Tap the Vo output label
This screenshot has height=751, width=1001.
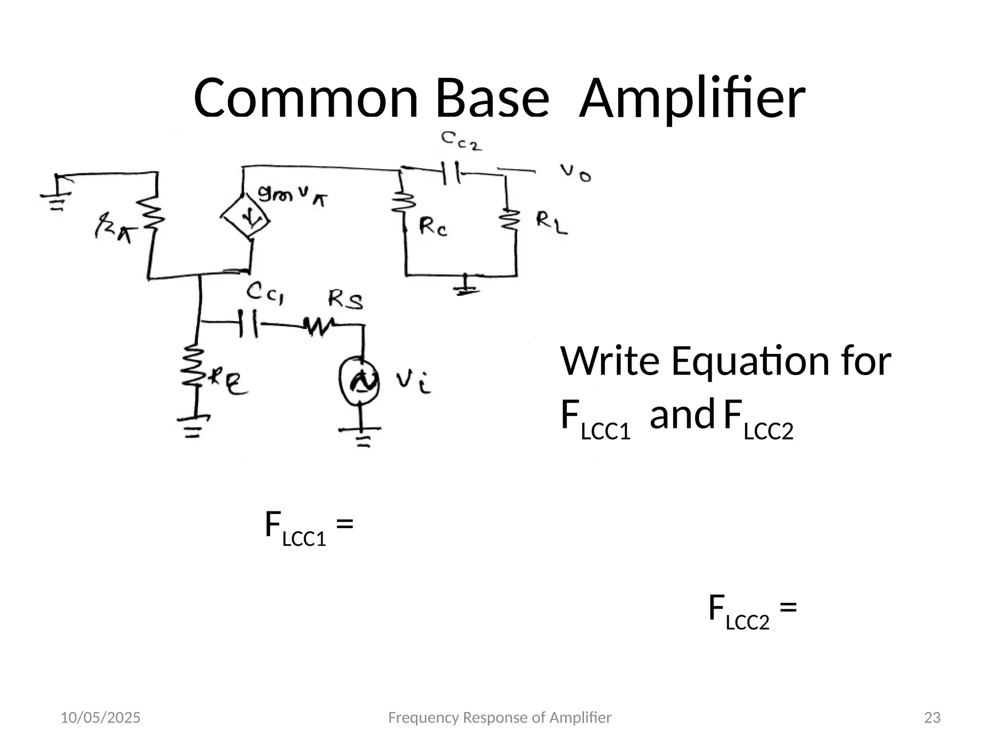click(575, 172)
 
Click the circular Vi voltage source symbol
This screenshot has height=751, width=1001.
click(360, 380)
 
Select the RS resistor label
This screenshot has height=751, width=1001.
click(345, 299)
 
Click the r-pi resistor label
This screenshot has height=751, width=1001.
click(112, 229)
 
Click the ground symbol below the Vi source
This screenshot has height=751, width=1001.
click(361, 436)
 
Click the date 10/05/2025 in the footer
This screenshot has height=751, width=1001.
click(100, 718)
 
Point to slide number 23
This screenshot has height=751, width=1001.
click(933, 718)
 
